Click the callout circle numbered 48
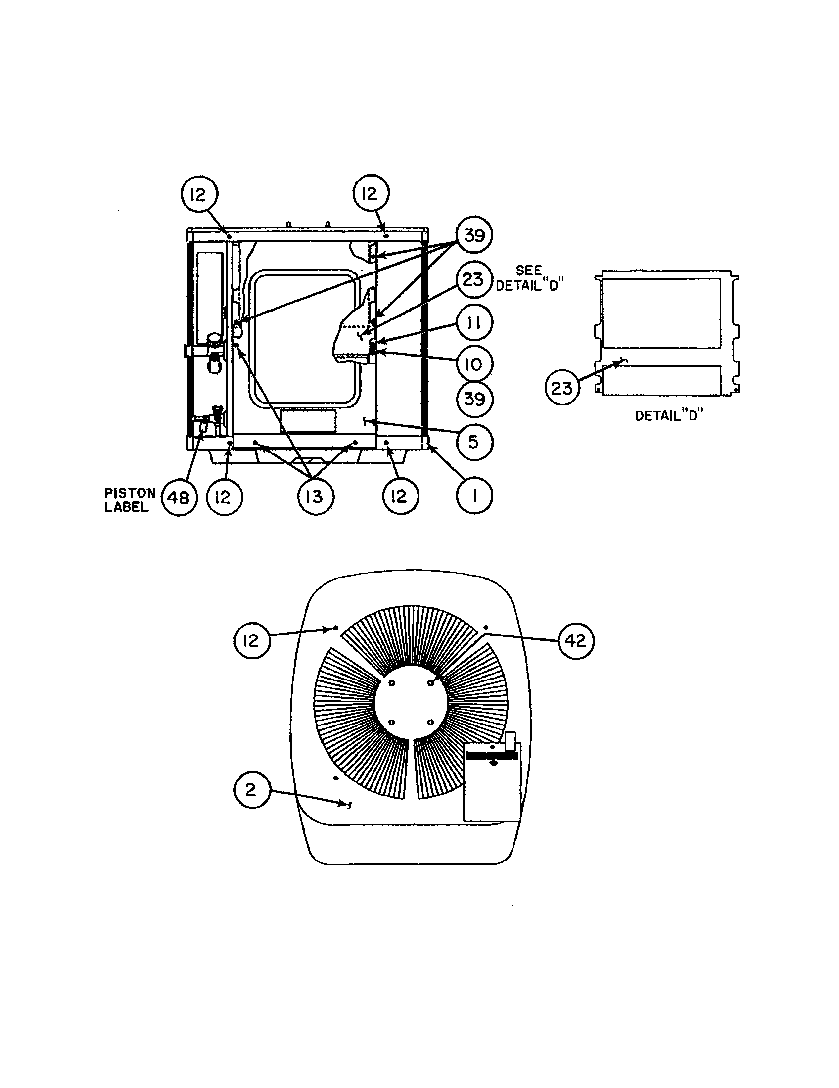click(x=179, y=497)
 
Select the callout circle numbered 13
click(x=314, y=497)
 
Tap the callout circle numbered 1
click(x=474, y=496)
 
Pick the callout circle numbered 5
click(x=474, y=442)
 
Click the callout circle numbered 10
click(x=474, y=364)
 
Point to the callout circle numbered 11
click(x=474, y=322)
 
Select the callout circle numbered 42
click(x=576, y=640)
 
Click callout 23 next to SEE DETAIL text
click(x=473, y=279)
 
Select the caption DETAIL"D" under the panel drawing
click(x=669, y=415)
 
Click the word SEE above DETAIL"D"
click(x=529, y=271)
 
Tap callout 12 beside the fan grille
click(x=252, y=640)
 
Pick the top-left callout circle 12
click(x=198, y=194)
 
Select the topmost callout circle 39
click(x=474, y=234)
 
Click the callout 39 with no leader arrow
click(x=474, y=399)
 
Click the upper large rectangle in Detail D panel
click(x=660, y=313)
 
